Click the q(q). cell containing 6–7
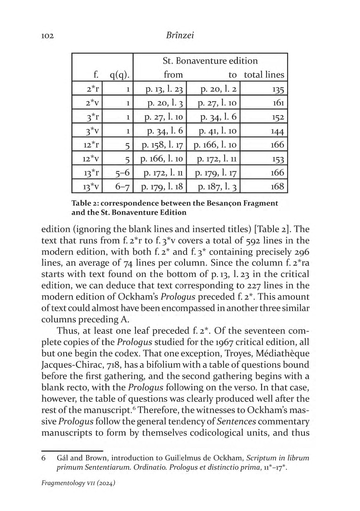[122, 187]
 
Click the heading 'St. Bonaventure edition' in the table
[210, 61]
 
